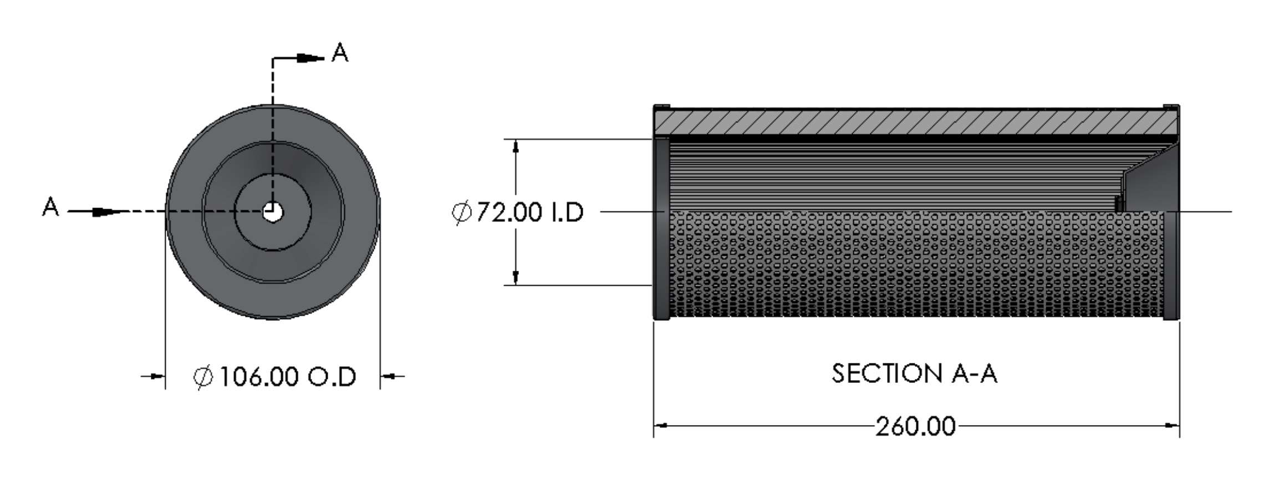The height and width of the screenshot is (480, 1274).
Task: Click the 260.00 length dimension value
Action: (x=915, y=427)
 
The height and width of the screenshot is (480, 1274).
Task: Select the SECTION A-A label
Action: (x=914, y=373)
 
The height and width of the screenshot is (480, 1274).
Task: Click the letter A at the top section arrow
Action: (x=339, y=53)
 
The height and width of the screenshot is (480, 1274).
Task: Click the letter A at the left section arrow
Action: (x=50, y=207)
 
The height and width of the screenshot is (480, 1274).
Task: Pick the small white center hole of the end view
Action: (x=272, y=211)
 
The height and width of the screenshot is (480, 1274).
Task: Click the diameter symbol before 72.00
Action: (x=462, y=212)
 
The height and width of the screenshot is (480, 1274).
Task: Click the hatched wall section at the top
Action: (x=916, y=122)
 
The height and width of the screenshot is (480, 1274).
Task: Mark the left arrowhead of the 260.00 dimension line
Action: (x=661, y=426)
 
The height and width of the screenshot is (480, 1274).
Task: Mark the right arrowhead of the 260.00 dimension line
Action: (x=1172, y=426)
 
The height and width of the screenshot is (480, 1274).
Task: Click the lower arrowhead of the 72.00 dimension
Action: (x=516, y=277)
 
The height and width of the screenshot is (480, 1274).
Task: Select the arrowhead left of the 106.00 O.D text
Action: (x=159, y=376)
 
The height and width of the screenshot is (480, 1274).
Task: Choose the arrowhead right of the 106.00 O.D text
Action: (x=387, y=376)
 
